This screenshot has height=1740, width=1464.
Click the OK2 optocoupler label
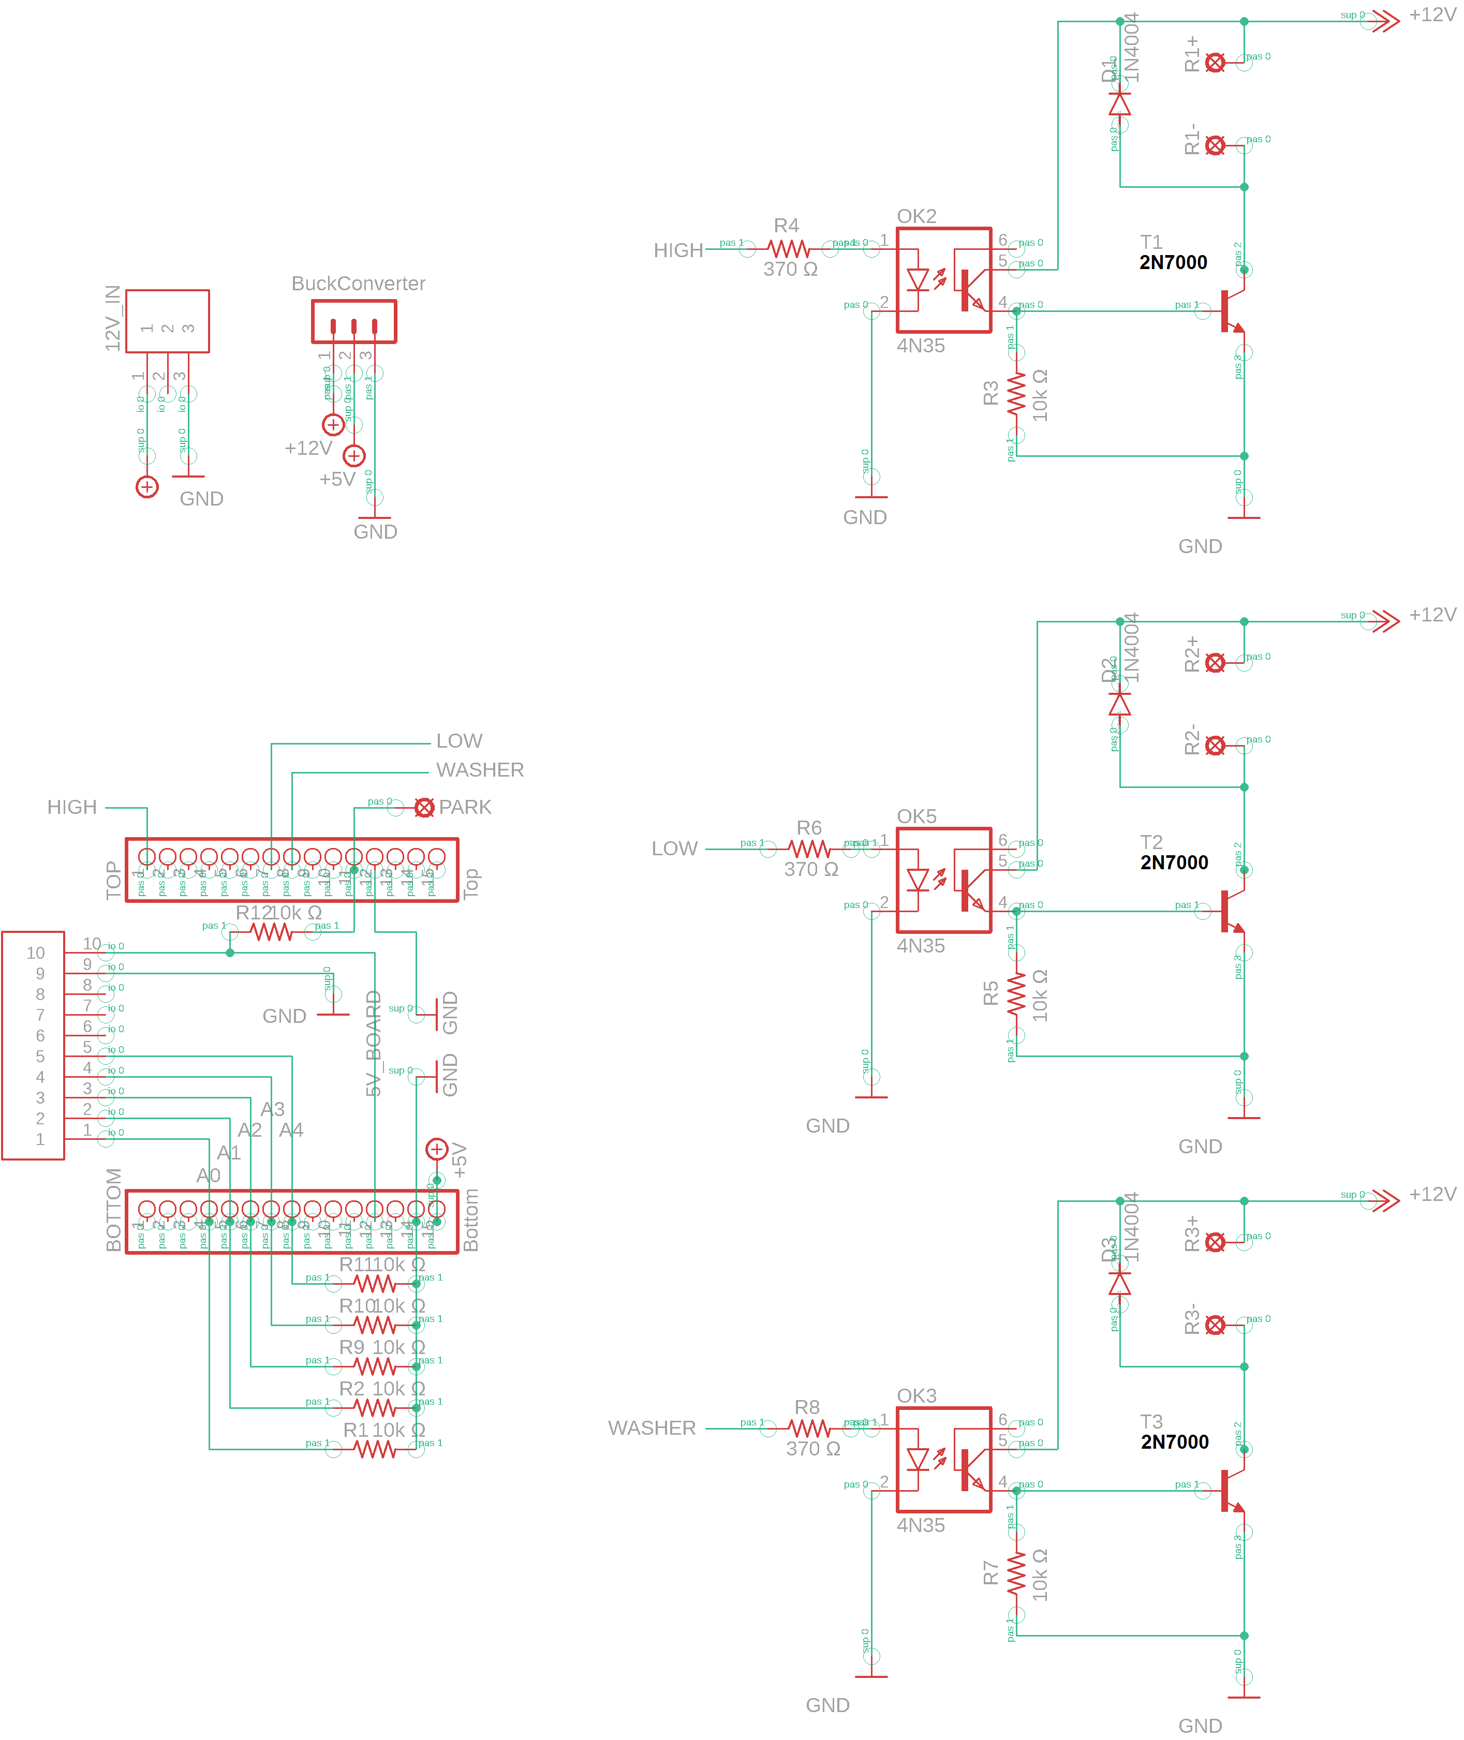[x=916, y=217]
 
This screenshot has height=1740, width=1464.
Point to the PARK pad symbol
[x=424, y=807]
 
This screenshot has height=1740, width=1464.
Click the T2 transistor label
[x=1150, y=842]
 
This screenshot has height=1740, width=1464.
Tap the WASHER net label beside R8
[x=652, y=1428]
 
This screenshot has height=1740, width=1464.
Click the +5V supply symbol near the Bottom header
[x=437, y=1149]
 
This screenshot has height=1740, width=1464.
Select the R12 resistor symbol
[x=271, y=933]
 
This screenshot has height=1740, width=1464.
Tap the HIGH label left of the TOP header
[x=72, y=807]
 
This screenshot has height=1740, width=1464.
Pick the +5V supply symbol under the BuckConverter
[x=354, y=455]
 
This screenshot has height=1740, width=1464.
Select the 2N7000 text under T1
[x=1173, y=263]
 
